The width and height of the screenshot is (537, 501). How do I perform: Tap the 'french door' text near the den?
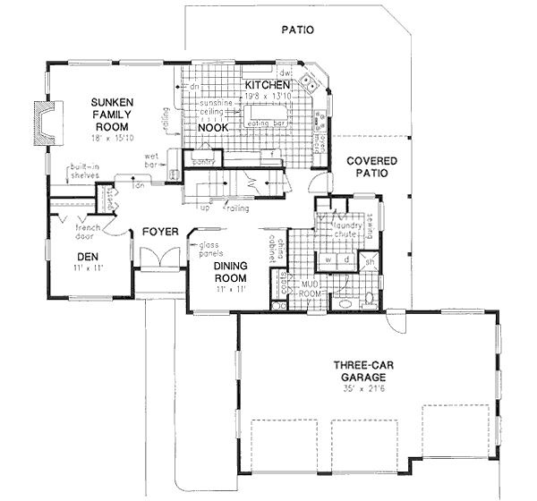[x=87, y=233]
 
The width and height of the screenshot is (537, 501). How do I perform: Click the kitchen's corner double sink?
[x=309, y=81]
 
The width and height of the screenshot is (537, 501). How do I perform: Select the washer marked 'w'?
[x=328, y=259]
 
